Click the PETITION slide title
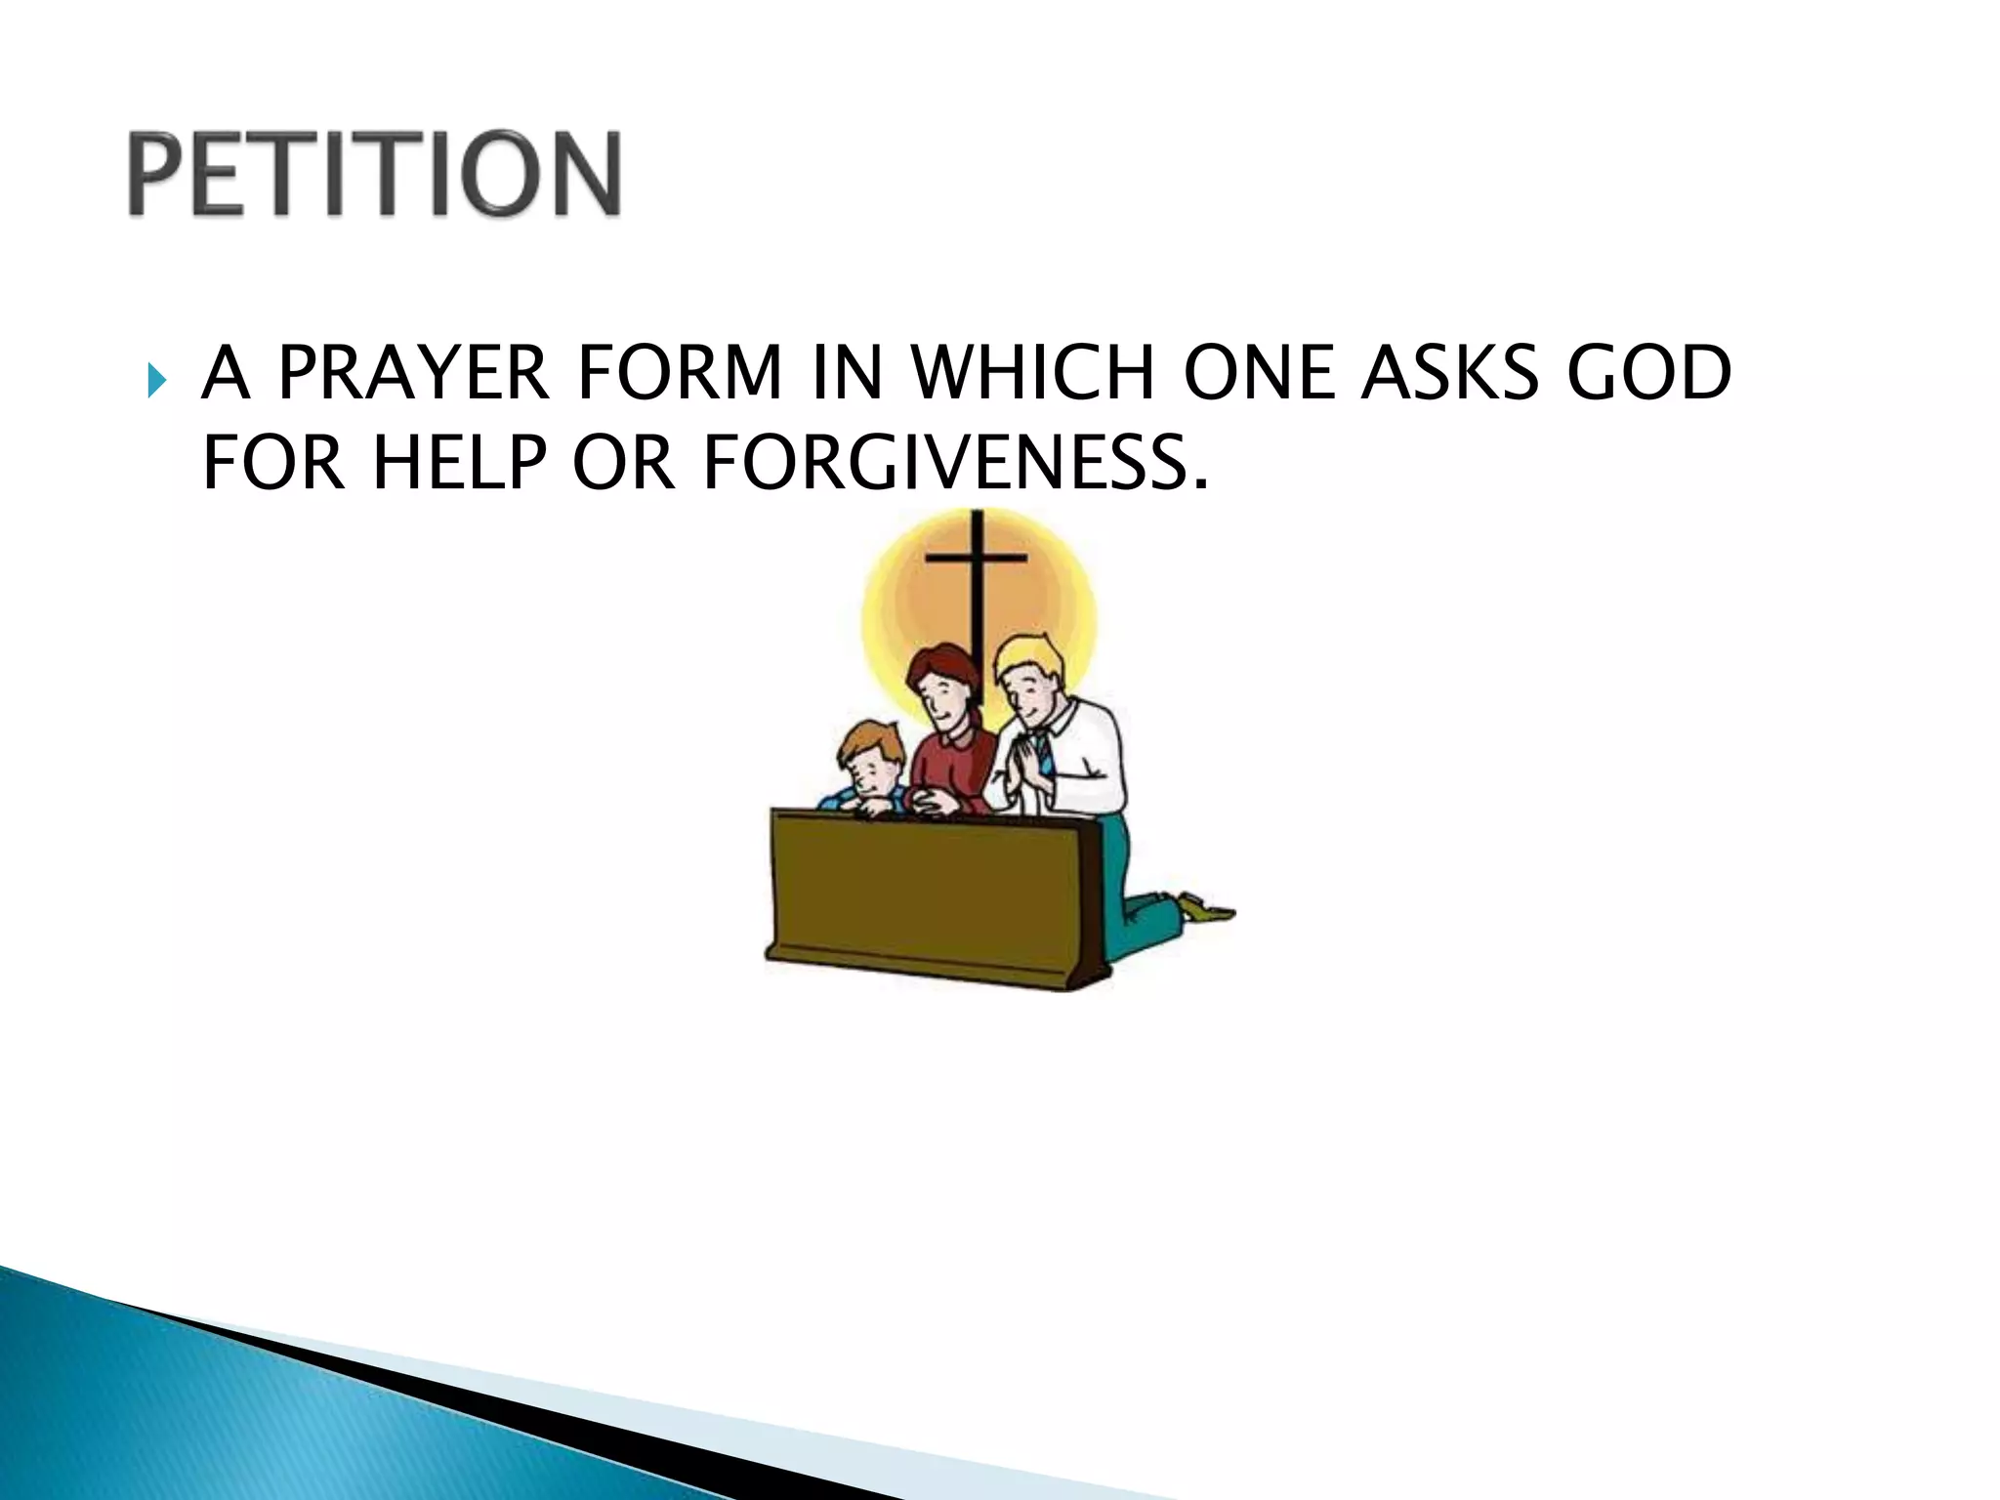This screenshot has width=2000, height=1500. [374, 174]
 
